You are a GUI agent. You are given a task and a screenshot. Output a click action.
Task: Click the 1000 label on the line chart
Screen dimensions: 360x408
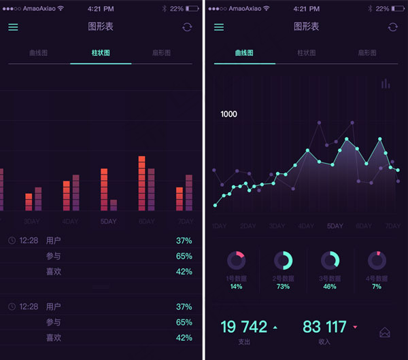(x=228, y=114)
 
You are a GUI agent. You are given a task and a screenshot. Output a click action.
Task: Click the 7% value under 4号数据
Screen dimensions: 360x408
(x=377, y=287)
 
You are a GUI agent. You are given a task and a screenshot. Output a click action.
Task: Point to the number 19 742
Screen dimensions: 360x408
(x=244, y=327)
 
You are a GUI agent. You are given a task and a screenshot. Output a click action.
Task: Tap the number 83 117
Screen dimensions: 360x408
(x=324, y=327)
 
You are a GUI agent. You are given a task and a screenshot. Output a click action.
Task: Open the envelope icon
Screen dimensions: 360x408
(x=385, y=332)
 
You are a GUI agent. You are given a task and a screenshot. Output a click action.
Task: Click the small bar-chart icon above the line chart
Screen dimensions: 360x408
(x=386, y=84)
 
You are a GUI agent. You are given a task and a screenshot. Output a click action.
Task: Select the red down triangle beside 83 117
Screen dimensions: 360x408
(x=355, y=327)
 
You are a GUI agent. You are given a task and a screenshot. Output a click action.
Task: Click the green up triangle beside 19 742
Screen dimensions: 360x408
(x=275, y=327)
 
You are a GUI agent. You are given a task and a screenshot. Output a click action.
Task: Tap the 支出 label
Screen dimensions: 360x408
(x=244, y=342)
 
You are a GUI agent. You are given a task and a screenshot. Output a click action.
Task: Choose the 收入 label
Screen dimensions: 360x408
(x=325, y=342)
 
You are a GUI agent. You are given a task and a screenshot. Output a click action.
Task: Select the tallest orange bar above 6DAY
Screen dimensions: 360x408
(x=142, y=183)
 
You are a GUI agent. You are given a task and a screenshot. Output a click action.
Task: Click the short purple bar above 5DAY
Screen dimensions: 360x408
(x=114, y=204)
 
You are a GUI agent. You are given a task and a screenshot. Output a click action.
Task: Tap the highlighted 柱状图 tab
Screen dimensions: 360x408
(x=101, y=52)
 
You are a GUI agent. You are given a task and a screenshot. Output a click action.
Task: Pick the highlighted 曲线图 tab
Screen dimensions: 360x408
(x=244, y=52)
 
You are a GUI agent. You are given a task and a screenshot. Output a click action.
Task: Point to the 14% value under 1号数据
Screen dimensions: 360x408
(x=236, y=287)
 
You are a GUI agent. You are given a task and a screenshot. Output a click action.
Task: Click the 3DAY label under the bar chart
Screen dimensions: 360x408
(x=32, y=221)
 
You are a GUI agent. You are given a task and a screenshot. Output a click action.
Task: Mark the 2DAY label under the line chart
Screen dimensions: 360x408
(x=248, y=226)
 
